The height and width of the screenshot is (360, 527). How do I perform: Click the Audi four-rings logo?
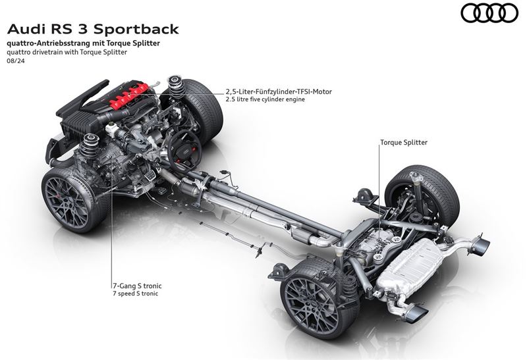pyautogui.click(x=489, y=13)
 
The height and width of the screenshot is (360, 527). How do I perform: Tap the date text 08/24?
pyautogui.click(x=14, y=61)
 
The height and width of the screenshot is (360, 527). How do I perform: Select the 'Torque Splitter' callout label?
pyautogui.click(x=403, y=142)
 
